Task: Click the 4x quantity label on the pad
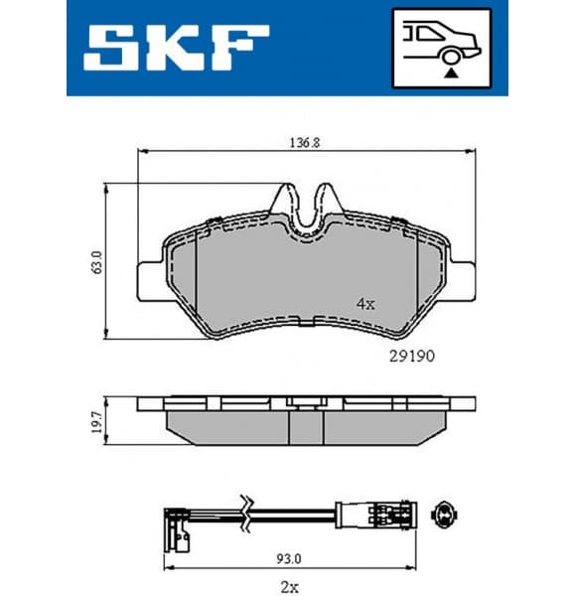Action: pyautogui.click(x=364, y=304)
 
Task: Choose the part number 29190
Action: pyautogui.click(x=409, y=354)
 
